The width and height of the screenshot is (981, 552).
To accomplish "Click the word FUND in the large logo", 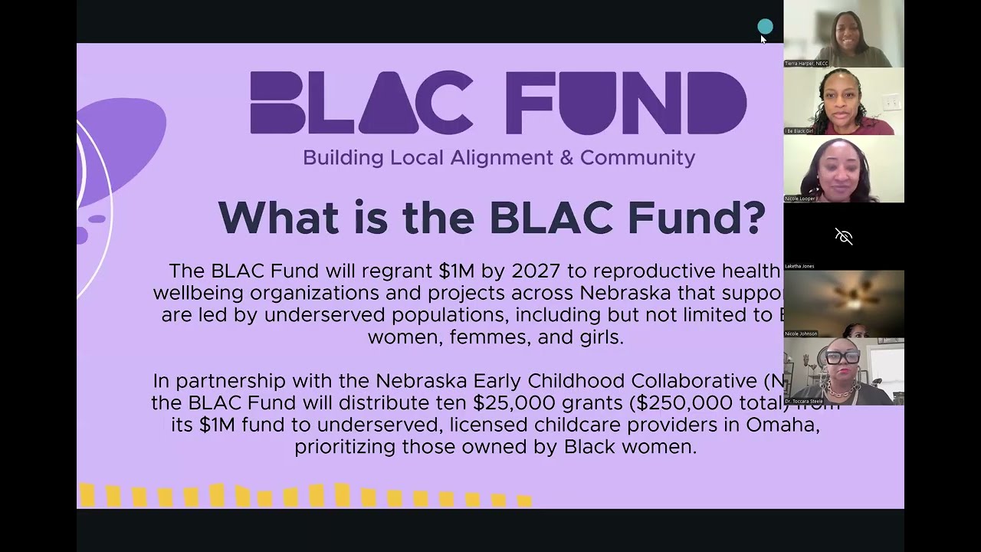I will point(626,103).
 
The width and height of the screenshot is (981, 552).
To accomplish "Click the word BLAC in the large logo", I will point(360,103).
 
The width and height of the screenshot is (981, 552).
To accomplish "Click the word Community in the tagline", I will point(637,158).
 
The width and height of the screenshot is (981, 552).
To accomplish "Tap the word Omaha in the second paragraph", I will point(789,425).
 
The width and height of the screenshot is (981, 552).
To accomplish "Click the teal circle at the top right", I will point(765,28).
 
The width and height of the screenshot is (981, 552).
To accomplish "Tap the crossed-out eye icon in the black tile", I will point(844,236).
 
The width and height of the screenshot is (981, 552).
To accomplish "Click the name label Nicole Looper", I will point(800,199).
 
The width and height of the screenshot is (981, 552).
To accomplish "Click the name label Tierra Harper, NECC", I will point(806,64).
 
